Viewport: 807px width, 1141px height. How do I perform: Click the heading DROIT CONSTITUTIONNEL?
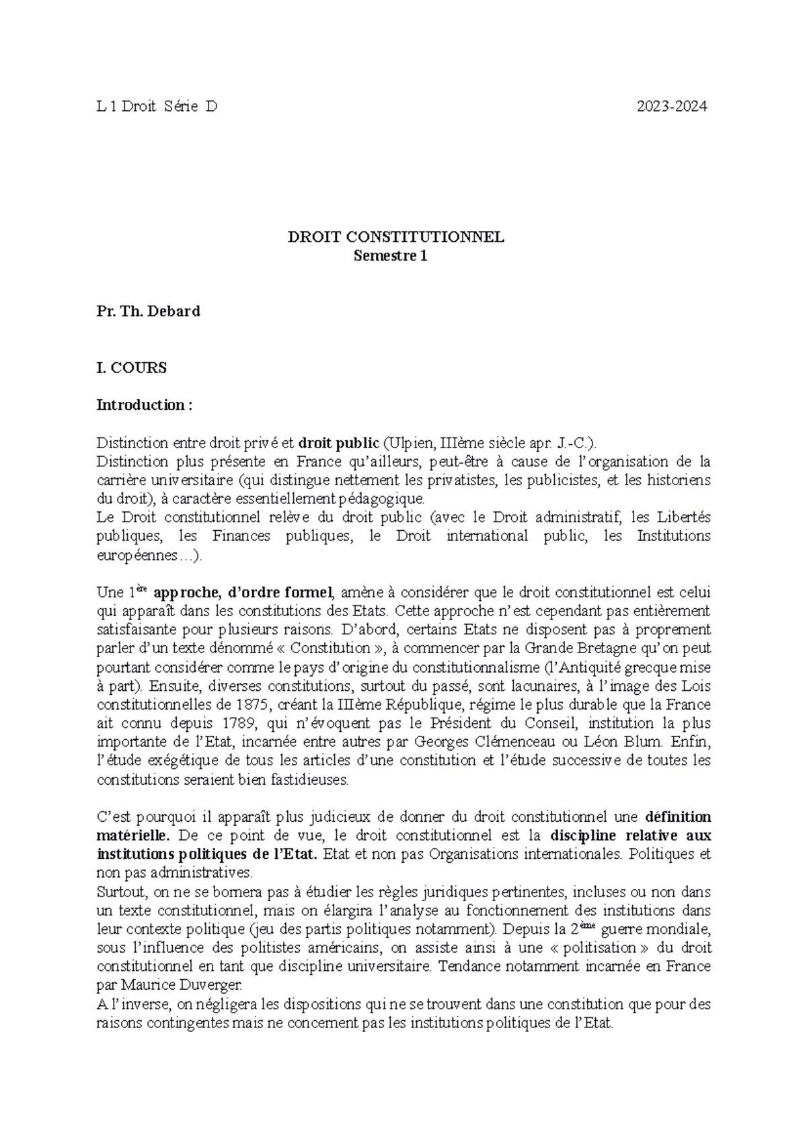coord(396,237)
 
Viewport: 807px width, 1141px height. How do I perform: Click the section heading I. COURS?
coord(132,368)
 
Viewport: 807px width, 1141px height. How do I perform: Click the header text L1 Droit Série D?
coord(157,106)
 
